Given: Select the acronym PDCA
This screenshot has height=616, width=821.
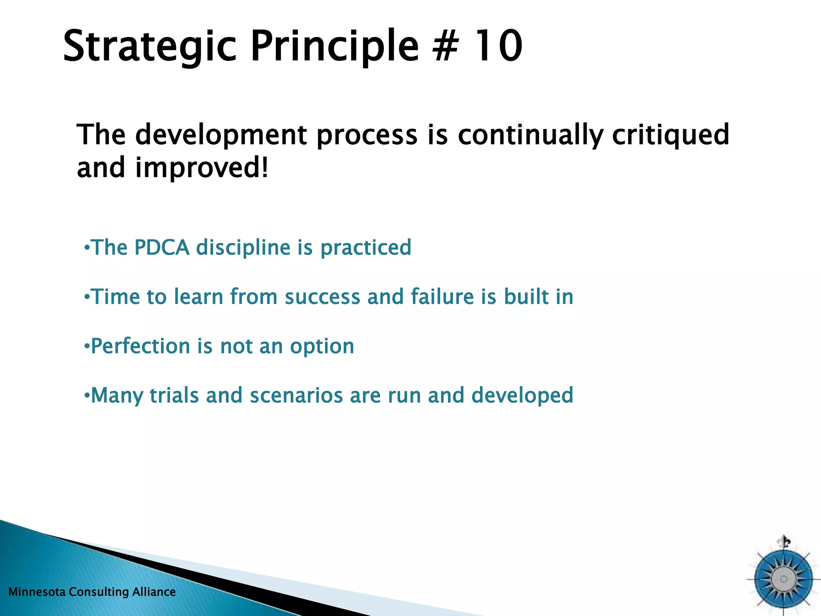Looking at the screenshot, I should tap(162, 247).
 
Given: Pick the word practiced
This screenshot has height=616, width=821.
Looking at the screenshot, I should tap(366, 247).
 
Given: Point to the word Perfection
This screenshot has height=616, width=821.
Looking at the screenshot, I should tap(140, 346).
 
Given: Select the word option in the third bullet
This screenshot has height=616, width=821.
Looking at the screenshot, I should tap(322, 346).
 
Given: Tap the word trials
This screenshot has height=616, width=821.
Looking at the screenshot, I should tap(174, 395).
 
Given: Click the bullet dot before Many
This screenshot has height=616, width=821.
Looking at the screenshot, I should tap(87, 396).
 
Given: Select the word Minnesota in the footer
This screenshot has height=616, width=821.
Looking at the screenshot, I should tap(36, 592).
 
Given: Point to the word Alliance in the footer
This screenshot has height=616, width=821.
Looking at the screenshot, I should tap(154, 592).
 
